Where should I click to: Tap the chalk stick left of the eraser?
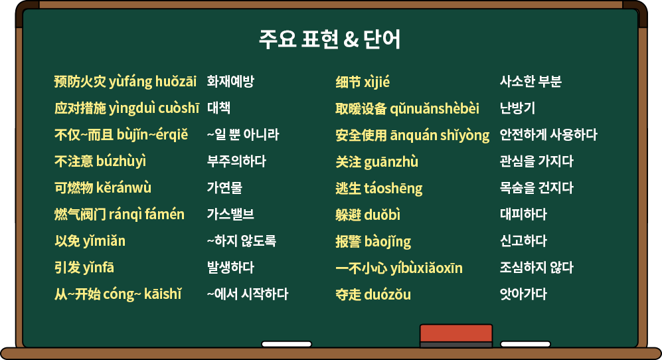click(x=287, y=344)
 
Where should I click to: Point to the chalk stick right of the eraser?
click(x=525, y=344)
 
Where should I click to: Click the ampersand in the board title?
click(x=351, y=39)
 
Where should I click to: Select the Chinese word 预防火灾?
click(x=80, y=82)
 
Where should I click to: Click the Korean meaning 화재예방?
click(x=230, y=81)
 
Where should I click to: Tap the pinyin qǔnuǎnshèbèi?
click(x=434, y=108)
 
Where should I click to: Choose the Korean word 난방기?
click(x=518, y=108)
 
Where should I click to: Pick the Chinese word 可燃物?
click(x=74, y=188)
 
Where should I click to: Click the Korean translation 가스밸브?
click(x=230, y=215)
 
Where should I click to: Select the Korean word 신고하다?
click(x=523, y=241)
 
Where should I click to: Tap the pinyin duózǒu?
click(x=387, y=294)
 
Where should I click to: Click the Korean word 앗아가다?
click(x=523, y=294)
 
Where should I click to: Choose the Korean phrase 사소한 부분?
click(x=531, y=81)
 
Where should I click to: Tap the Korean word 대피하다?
click(x=523, y=215)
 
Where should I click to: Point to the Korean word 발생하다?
click(x=230, y=268)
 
